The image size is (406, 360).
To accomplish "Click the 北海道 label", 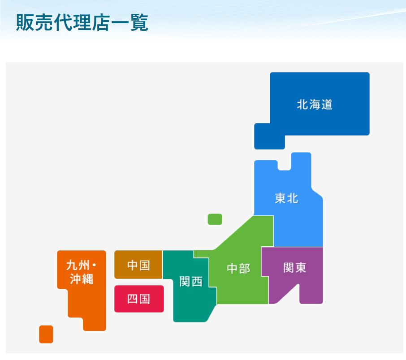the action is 315,105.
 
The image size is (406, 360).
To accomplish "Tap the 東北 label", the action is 286,198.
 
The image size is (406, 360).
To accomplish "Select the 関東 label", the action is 294,268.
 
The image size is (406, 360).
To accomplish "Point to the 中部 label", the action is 238,269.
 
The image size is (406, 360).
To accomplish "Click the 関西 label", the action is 191,281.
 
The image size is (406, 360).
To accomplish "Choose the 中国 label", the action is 138,265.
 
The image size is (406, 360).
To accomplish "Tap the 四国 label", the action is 138,299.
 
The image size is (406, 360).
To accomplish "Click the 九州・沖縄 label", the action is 81,272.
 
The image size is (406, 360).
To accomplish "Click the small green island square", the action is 215,219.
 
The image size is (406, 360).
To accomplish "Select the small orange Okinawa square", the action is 46,334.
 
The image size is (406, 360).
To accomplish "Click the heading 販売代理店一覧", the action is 82,22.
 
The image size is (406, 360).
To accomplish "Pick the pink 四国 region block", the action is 139,299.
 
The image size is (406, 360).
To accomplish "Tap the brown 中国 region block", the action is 138,265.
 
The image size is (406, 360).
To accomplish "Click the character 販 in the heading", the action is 25,22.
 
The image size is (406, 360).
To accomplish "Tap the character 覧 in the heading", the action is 139,22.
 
